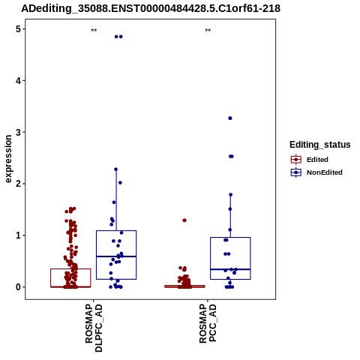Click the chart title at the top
(151, 8)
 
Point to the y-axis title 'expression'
(8, 159)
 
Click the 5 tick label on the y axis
(18, 29)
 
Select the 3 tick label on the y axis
(18, 132)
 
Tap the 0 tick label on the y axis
(18, 287)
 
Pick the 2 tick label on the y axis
(18, 184)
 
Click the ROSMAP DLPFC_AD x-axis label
(94, 328)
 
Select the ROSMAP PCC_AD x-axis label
(208, 323)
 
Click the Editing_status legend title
(320, 145)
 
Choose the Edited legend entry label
(317, 160)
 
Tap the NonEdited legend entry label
(325, 172)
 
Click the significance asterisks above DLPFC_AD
(94, 31)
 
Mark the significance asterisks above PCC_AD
(208, 31)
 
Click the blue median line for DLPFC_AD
(116, 256)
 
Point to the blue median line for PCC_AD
(230, 269)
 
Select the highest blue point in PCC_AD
(230, 118)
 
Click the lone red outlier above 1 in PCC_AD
(184, 220)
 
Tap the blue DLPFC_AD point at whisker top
(115, 169)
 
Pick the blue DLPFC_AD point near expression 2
(120, 183)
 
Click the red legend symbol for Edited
(296, 160)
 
